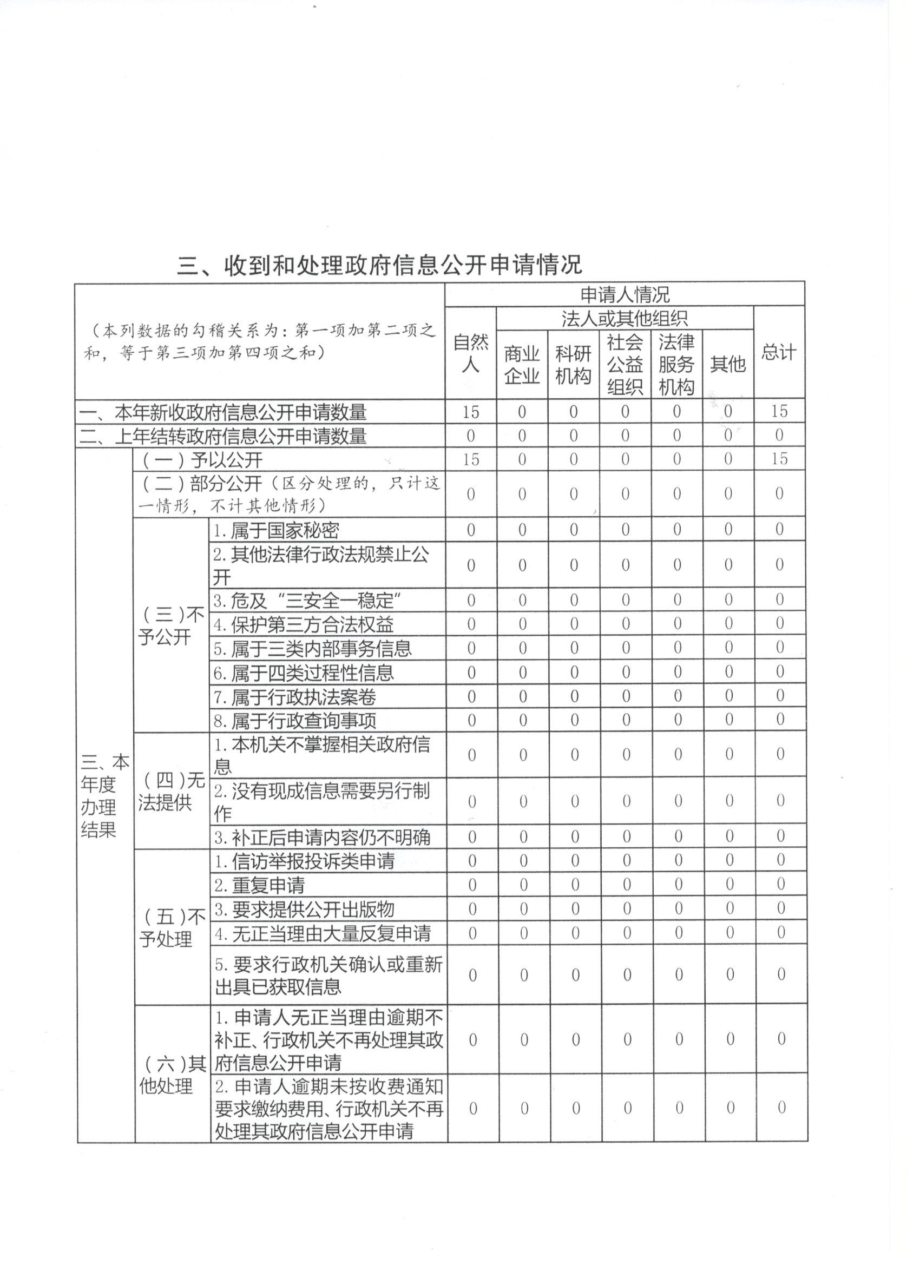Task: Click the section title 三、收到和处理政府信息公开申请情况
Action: coord(379,265)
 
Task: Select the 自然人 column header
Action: coord(470,353)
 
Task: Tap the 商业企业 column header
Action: coord(522,364)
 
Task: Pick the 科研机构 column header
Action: coord(573,364)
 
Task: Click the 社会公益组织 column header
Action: coord(625,364)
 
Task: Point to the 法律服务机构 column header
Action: coord(676,364)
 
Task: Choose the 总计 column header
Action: coord(779,353)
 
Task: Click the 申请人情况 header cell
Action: coord(625,294)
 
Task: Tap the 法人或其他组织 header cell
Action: coord(625,319)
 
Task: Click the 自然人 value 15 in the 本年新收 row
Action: coord(470,412)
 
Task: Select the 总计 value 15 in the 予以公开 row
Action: coord(779,458)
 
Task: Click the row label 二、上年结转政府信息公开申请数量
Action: coord(223,436)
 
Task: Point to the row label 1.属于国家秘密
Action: coord(276,529)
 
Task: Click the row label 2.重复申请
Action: coord(260,885)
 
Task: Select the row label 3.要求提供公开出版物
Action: coord(305,909)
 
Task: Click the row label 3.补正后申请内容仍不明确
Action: coord(322,837)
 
